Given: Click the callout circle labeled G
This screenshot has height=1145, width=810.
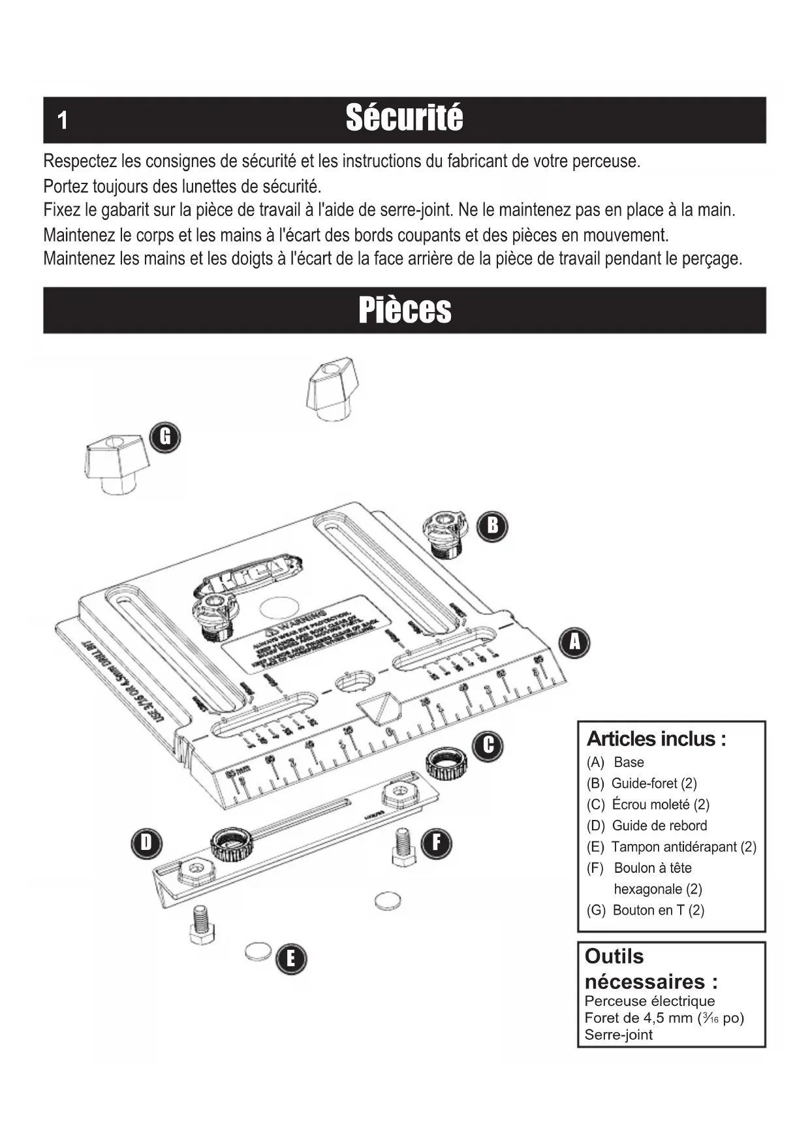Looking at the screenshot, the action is pos(165,437).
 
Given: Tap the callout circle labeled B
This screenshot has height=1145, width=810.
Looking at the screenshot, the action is pos(493,525).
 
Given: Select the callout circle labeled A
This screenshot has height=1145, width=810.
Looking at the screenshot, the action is pos(574,642).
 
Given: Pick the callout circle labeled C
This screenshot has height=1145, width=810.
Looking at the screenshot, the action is pos(488,745).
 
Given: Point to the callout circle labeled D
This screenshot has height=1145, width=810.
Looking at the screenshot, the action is pos(146,843).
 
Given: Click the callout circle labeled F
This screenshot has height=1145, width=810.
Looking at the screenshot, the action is pos(436,843).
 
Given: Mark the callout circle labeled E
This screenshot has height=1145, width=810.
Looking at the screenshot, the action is pos(291,958).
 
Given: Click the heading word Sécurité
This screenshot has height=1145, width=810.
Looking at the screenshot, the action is pos(405,119).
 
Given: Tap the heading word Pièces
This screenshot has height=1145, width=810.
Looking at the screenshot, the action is pos(405,310).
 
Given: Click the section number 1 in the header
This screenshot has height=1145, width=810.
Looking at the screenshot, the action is pos(63,121).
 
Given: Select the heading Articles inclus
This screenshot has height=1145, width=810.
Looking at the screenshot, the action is pos(656,739).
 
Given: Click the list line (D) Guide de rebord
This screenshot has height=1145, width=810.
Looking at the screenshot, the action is pos(647,826).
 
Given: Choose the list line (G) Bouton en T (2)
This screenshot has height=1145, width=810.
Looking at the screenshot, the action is pos(646,910).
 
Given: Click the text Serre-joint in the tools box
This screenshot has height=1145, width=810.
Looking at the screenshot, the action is pos(618,1035).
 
